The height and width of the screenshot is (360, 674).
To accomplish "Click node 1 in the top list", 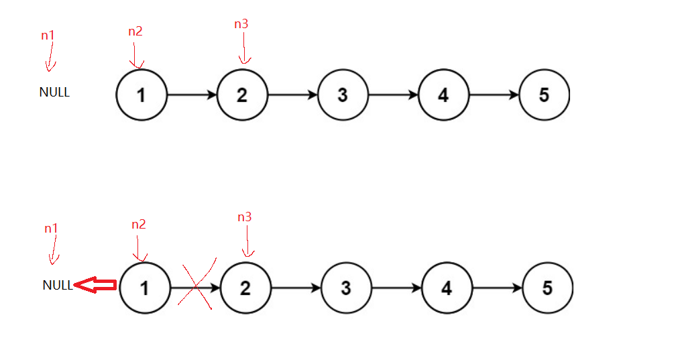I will coord(141,95).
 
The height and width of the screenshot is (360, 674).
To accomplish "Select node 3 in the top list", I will coord(343,95).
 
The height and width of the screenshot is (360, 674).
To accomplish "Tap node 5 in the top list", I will coord(544,95).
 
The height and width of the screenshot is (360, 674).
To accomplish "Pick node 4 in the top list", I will coord(443,95).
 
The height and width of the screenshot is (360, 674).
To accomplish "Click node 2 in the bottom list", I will coord(245,288).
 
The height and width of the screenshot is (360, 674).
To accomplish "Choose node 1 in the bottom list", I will coord(145,288).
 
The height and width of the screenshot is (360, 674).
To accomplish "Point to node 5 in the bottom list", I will coord(547,288).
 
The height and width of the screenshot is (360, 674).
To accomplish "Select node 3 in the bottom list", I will coord(346,288).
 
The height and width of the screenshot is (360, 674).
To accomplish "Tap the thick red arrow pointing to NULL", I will coord(95,286).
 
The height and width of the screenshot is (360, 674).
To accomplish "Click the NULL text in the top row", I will coord(54,93).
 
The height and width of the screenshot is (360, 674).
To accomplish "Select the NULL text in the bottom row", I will coord(57,285).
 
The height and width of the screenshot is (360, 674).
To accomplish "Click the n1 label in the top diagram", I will coord(48,36).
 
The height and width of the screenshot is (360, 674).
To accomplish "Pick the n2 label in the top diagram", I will coord(135,32).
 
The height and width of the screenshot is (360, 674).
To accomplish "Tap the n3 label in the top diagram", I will coord(241,24).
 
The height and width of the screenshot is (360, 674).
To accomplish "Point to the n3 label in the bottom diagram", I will coord(245,217).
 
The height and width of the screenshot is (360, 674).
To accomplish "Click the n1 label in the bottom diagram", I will coord(51,229).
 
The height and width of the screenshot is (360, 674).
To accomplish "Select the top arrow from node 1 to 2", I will coord(192,95).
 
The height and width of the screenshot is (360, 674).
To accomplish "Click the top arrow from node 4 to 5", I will coord(494,95).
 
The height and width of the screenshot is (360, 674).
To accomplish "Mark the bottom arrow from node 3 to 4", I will coord(396,288).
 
